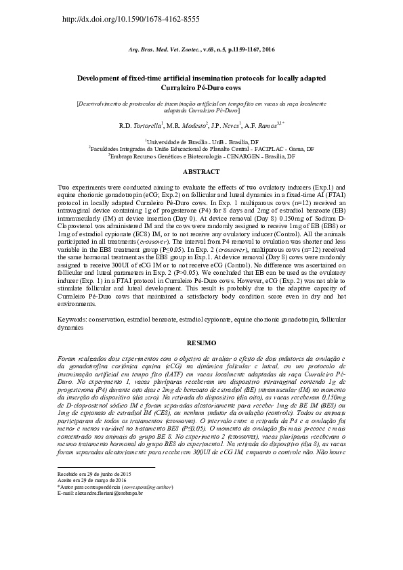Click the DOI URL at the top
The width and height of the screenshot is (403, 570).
pos(131,19)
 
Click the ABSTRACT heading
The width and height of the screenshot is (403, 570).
pos(201,172)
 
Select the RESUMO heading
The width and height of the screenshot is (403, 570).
pos(201,343)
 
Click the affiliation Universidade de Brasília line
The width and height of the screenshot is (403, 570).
pos(201,142)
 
